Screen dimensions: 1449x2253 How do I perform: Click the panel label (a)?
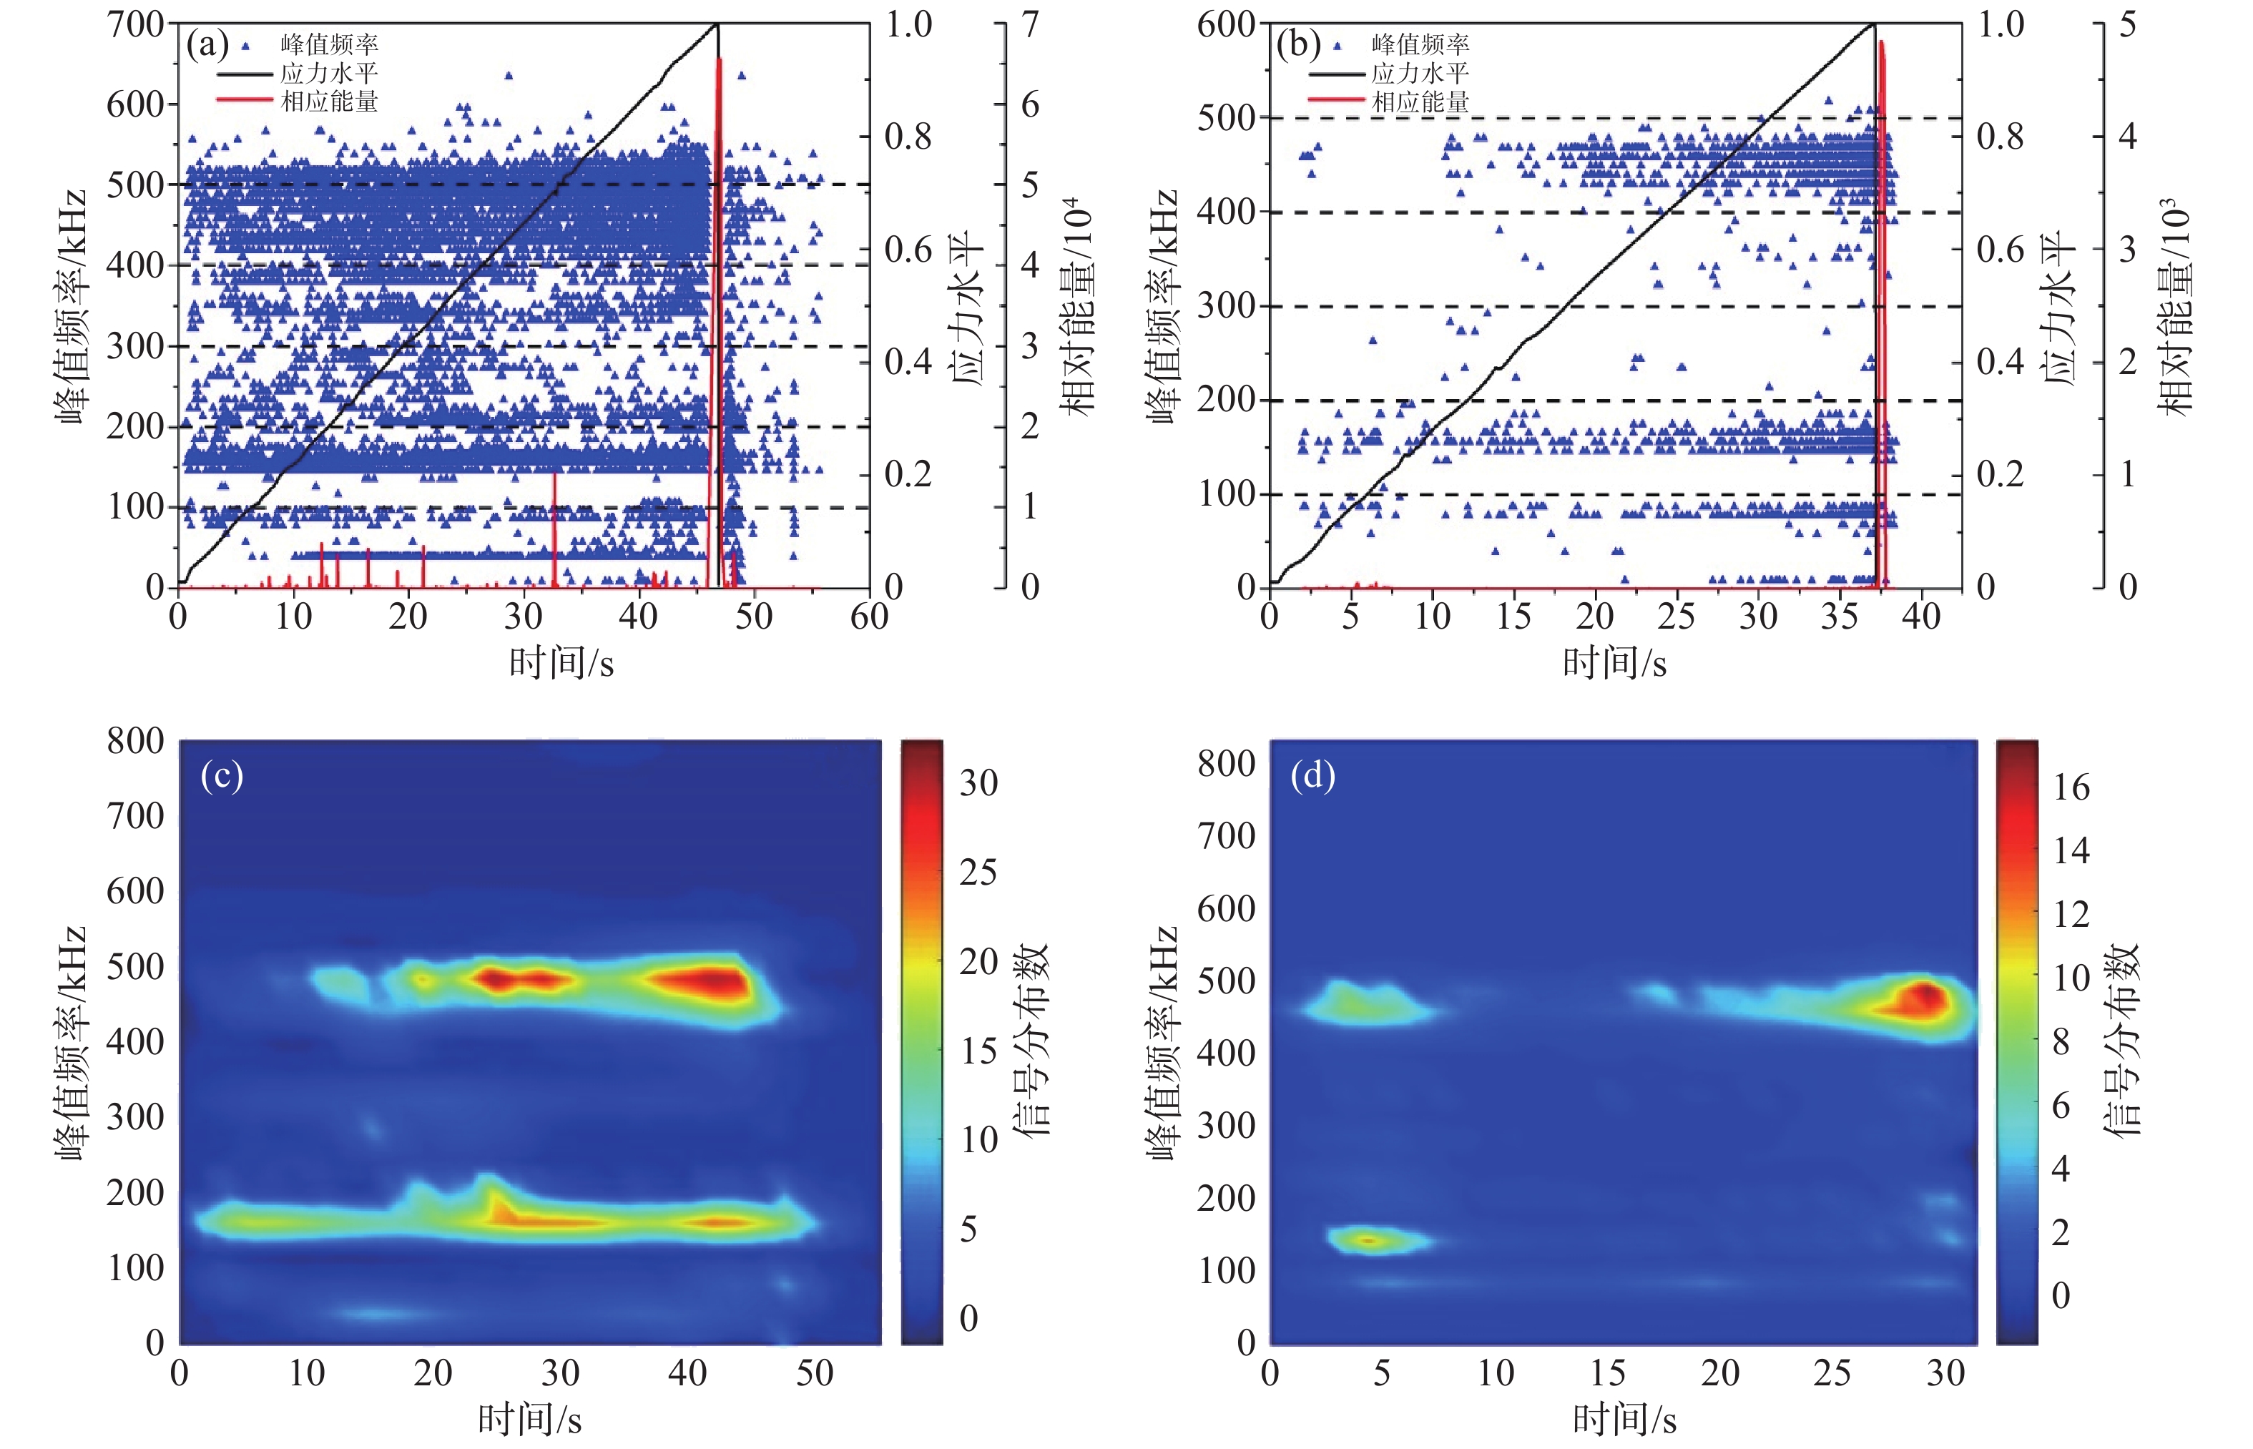coord(207,44)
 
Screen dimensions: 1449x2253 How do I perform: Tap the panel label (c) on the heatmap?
coord(222,775)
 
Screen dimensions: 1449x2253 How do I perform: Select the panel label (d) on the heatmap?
coord(1313,775)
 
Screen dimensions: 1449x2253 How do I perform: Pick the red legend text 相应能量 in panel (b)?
coord(1420,102)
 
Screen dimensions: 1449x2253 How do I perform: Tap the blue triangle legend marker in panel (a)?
coord(247,45)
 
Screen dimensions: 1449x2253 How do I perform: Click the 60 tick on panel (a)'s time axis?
coord(868,617)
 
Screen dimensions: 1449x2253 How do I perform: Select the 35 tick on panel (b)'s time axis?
coord(1839,617)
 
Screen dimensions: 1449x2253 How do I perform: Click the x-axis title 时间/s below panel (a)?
coord(561,663)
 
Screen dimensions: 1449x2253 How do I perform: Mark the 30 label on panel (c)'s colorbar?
coord(978,783)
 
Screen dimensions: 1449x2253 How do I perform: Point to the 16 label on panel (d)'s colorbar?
coord(2071,787)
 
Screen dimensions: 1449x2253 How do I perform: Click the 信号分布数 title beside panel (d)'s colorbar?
coord(2122,1040)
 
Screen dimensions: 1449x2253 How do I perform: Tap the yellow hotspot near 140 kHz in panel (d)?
coord(1370,1240)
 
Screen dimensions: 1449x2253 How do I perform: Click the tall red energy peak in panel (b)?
coord(1881,141)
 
